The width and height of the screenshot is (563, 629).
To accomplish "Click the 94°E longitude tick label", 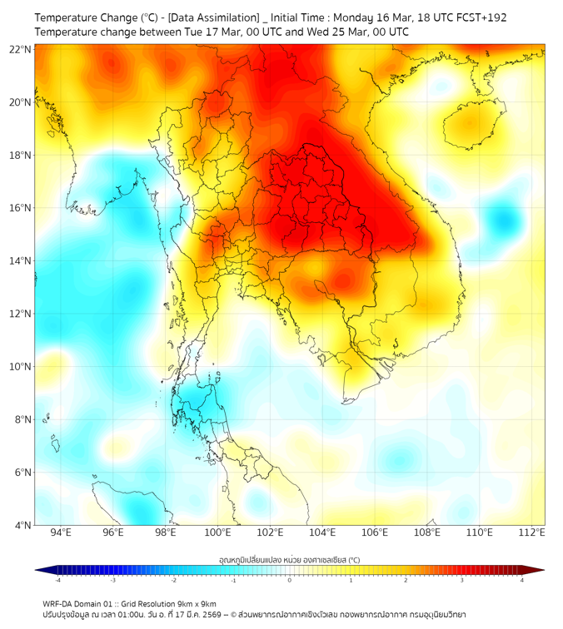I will (x=61, y=532).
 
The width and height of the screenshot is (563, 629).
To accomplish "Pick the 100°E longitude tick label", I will (x=217, y=532).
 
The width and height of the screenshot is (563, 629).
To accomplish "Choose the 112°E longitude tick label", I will (x=532, y=532).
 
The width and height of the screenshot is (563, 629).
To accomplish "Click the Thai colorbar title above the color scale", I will (x=289, y=560).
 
